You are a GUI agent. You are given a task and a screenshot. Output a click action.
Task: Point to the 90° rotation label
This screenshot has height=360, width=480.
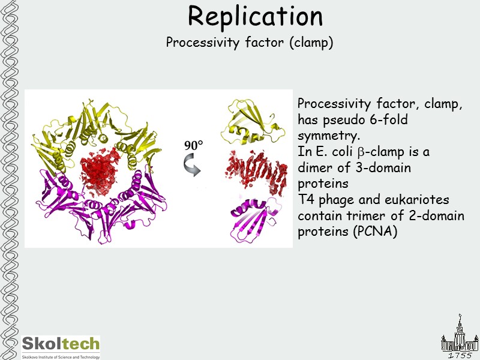(x=193, y=145)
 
